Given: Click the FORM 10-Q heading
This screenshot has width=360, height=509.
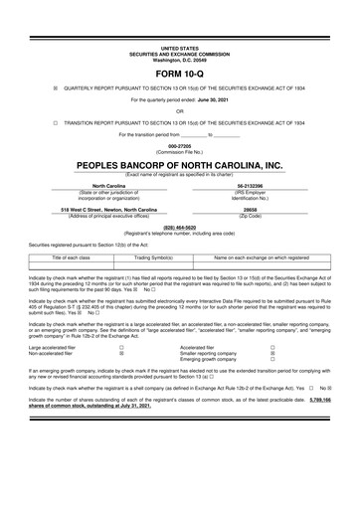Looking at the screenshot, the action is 180,73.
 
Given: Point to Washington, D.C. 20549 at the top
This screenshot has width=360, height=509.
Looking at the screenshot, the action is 180,58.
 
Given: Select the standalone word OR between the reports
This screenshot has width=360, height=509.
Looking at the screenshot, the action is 180,112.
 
